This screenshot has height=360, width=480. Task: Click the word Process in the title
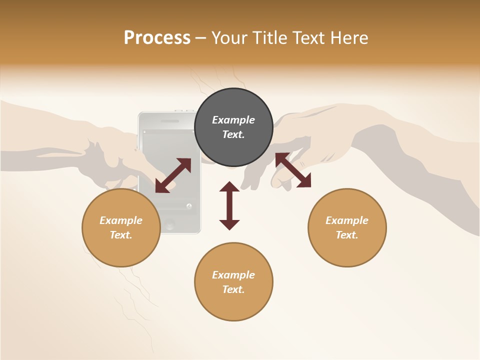click(x=157, y=38)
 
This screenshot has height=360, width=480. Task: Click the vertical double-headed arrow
click(x=229, y=205)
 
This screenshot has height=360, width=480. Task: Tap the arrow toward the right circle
click(x=293, y=170)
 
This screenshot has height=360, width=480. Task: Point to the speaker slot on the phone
click(x=171, y=121)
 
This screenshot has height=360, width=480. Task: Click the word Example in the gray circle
click(x=233, y=120)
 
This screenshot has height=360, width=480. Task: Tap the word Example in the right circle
click(x=347, y=220)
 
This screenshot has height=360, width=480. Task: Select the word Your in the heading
click(x=230, y=38)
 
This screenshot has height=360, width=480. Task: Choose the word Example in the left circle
click(x=121, y=220)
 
